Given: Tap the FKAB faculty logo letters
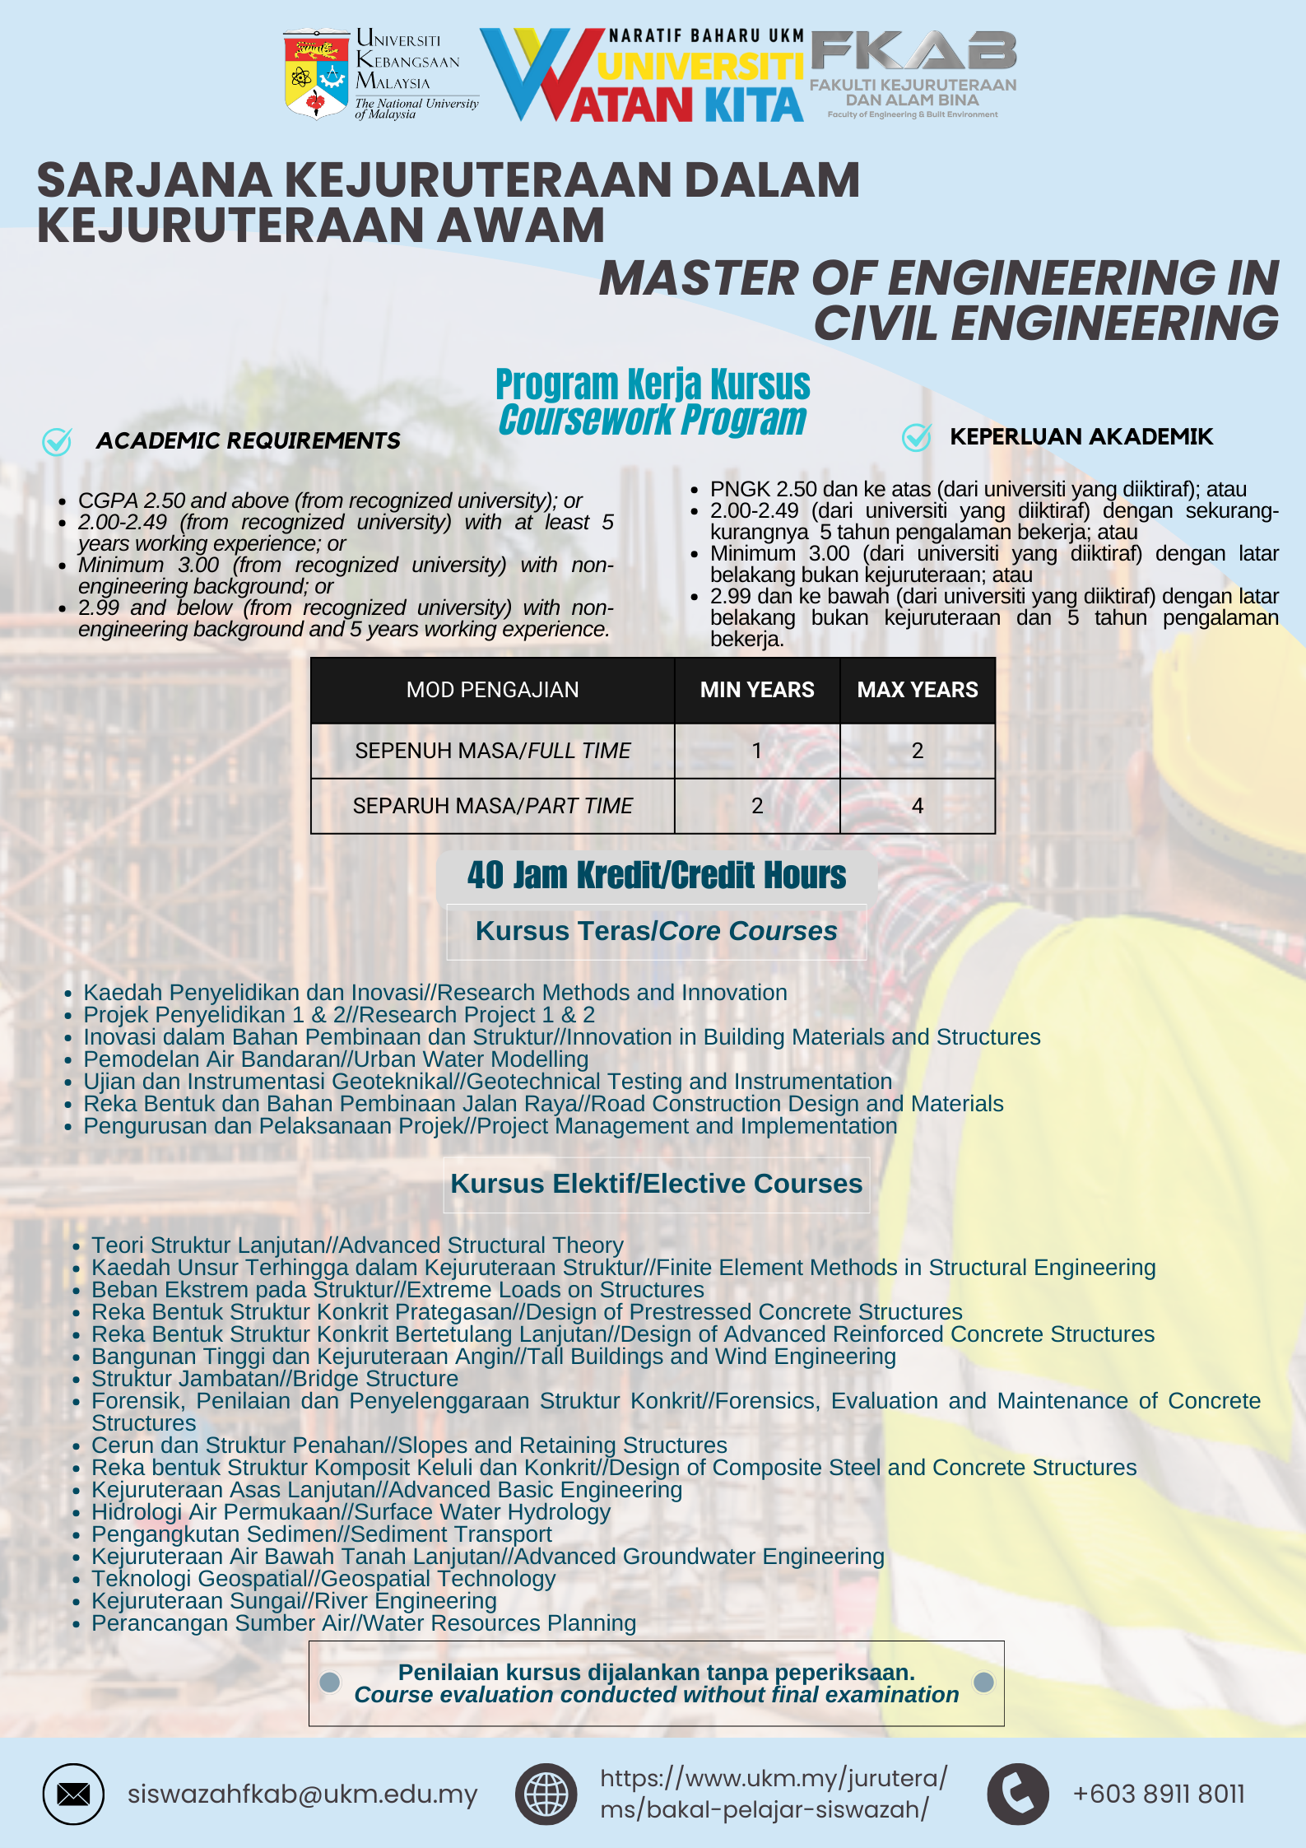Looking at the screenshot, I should pyautogui.click(x=913, y=52).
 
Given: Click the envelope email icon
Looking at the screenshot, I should pyautogui.click(x=73, y=1794).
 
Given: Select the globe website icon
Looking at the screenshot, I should pyautogui.click(x=546, y=1794).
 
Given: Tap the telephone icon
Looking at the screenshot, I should pyautogui.click(x=1018, y=1794).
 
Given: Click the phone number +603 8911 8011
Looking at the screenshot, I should pyautogui.click(x=1159, y=1794).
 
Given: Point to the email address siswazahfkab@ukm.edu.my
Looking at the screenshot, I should pyautogui.click(x=302, y=1794).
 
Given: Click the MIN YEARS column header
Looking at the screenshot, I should pyautogui.click(x=757, y=690).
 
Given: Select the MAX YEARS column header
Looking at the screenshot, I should pyautogui.click(x=918, y=690).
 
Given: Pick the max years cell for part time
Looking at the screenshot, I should pyautogui.click(x=918, y=805).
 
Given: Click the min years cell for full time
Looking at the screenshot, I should pyautogui.click(x=757, y=750).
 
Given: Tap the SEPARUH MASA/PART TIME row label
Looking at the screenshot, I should pyautogui.click(x=492, y=805).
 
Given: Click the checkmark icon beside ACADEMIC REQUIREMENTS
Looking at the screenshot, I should pyautogui.click(x=57, y=441).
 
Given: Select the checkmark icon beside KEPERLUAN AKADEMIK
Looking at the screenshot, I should pyautogui.click(x=916, y=437).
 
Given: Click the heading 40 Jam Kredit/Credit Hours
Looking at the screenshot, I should pyautogui.click(x=657, y=875).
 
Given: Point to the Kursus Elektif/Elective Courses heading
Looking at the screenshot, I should pyautogui.click(x=657, y=1184).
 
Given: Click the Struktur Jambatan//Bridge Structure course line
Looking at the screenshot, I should pyautogui.click(x=275, y=1378).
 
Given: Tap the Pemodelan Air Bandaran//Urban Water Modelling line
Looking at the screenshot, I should pyautogui.click(x=336, y=1059).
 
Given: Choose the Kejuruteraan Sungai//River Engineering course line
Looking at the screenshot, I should pyautogui.click(x=294, y=1600).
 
